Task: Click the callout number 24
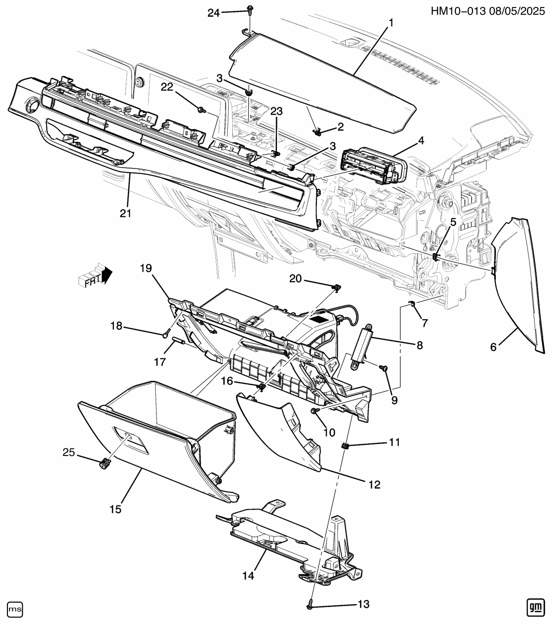pos(213,13)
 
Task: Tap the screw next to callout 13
pos(310,603)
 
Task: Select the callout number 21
pos(125,213)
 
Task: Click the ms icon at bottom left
pos(15,608)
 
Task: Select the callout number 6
pos(493,348)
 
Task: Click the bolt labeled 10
pos(315,410)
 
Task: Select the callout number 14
pos(248,575)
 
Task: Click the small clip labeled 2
pos(316,132)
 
